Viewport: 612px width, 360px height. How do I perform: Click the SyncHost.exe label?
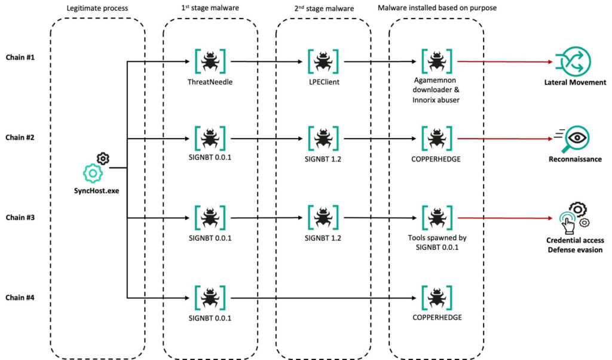(96, 191)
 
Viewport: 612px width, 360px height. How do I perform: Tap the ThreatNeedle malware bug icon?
(210, 62)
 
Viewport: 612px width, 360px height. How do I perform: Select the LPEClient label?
(324, 82)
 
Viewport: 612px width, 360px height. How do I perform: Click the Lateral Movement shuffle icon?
(573, 62)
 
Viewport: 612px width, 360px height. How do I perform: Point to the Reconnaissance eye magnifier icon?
(572, 139)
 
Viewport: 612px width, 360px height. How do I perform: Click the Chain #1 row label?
(20, 57)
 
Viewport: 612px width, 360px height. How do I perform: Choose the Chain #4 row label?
(20, 298)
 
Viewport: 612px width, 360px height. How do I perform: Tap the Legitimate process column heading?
(97, 8)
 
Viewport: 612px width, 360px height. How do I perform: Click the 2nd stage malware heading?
(324, 8)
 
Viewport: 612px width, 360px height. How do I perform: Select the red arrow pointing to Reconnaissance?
(505, 139)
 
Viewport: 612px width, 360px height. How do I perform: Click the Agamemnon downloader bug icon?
(437, 62)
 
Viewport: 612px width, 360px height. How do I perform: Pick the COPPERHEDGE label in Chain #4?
(437, 318)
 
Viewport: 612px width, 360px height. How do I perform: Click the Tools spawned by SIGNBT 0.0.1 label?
(437, 242)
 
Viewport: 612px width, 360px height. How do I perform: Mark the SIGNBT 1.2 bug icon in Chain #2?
(323, 138)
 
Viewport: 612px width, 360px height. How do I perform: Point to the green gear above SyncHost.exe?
(93, 173)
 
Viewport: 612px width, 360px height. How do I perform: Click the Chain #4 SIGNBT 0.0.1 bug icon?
(210, 298)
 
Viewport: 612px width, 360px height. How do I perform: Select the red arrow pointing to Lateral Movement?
(505, 62)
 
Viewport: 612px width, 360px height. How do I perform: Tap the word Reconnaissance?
(575, 159)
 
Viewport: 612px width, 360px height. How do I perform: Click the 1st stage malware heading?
(210, 8)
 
